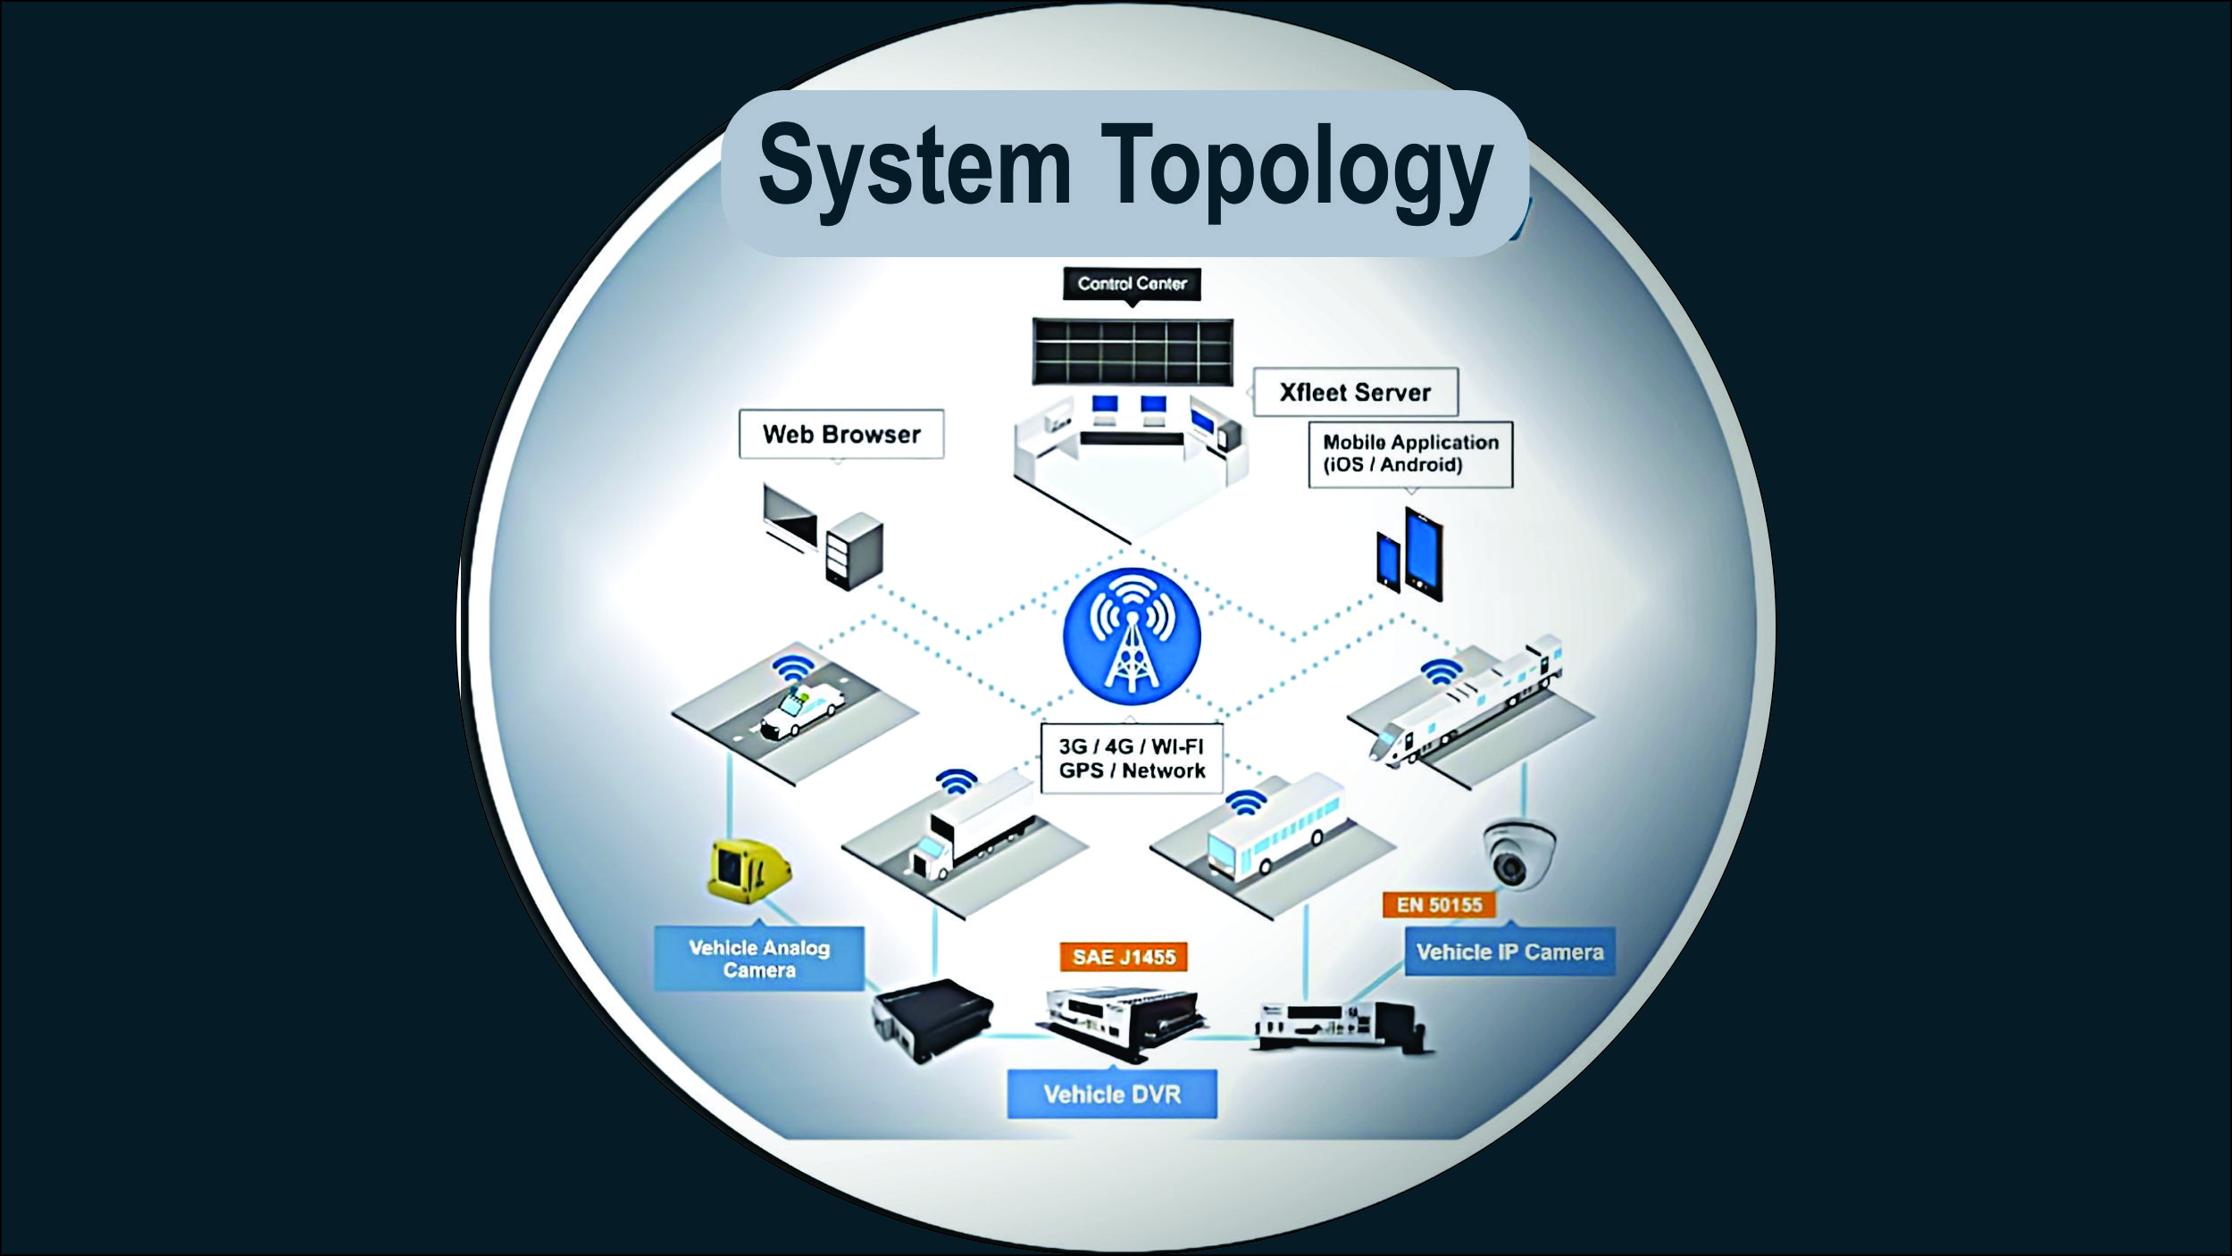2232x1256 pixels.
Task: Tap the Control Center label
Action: (1132, 284)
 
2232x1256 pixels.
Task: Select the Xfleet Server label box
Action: (1355, 392)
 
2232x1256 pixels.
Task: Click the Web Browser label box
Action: (841, 435)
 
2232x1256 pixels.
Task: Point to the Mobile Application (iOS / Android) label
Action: (1410, 453)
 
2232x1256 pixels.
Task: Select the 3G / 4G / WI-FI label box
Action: (1132, 759)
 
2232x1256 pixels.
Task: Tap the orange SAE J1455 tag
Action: (1124, 957)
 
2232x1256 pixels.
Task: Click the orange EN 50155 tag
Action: (1439, 904)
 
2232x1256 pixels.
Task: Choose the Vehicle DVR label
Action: (1112, 1094)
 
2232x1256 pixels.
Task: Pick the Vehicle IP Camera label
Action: (1509, 952)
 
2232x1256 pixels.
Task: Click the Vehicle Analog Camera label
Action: (759, 959)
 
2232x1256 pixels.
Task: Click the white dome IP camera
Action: (1518, 854)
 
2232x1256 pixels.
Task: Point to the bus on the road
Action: (1275, 827)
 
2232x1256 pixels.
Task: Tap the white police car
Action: (801, 710)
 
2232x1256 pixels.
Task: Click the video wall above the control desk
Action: (1132, 352)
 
